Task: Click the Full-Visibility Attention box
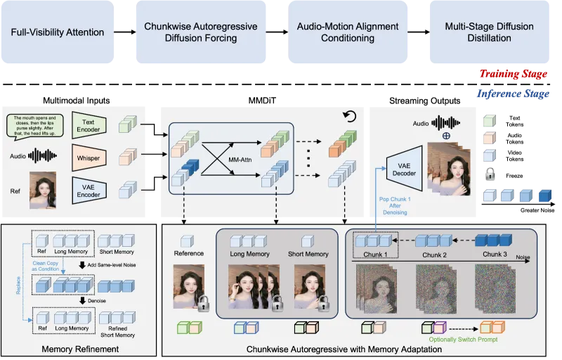tap(58, 32)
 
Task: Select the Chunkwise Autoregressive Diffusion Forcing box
tap(200, 32)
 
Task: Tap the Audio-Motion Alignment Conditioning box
tap(347, 32)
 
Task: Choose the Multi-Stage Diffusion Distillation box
tap(489, 32)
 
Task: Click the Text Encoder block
tap(89, 126)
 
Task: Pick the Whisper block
tap(89, 157)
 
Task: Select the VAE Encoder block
tap(89, 189)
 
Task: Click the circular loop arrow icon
tap(350, 117)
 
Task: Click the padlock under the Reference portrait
tap(204, 304)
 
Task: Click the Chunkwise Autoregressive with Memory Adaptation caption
tap(344, 347)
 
